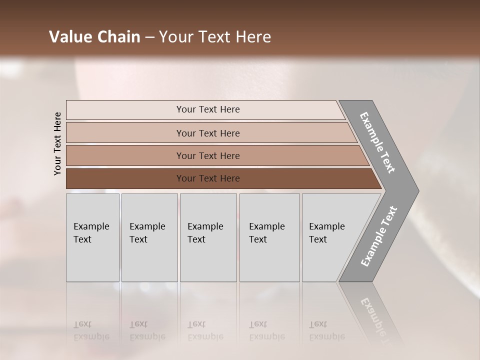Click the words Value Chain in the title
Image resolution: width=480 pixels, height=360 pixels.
click(94, 37)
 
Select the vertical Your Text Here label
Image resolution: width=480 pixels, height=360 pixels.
click(57, 144)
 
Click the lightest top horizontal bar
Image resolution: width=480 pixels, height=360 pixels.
click(207, 109)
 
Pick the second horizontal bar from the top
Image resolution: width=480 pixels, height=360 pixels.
click(207, 133)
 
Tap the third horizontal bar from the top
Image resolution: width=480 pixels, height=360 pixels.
click(207, 155)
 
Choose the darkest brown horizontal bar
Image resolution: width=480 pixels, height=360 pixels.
click(207, 178)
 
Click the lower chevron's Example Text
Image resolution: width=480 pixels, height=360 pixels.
click(379, 236)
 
